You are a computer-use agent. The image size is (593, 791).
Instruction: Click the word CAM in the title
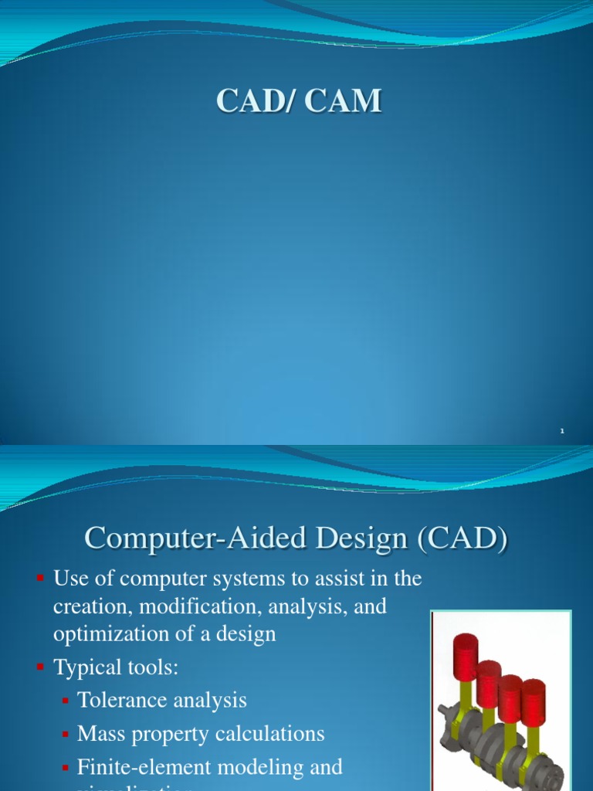tap(344, 101)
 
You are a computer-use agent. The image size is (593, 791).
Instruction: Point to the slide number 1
tap(562, 431)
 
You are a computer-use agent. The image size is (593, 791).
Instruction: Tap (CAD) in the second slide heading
tap(461, 537)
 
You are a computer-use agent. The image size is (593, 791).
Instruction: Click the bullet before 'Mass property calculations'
tap(66, 734)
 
